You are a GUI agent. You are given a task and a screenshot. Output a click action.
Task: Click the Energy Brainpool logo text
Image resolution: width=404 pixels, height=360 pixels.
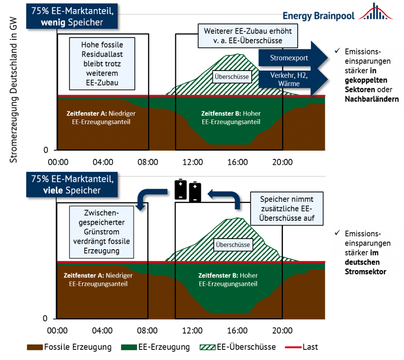tap(318, 15)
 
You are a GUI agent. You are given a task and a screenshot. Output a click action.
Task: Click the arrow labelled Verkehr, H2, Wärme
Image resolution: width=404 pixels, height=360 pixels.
tap(288, 80)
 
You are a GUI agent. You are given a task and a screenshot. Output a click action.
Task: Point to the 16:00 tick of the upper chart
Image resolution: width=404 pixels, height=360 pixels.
tap(237, 162)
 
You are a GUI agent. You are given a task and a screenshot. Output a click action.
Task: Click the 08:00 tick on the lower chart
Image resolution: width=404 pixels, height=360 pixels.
tap(147, 331)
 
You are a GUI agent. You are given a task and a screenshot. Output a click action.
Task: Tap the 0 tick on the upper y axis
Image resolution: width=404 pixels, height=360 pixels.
tap(46, 150)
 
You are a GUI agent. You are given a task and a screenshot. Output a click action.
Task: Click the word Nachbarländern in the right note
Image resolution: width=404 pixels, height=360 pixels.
tap(371, 99)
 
